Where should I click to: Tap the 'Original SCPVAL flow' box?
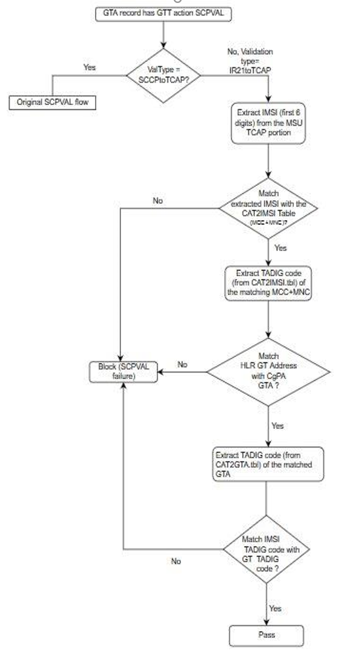coord(52,102)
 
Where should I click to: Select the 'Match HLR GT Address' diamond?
coord(269,371)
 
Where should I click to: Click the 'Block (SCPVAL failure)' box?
coord(123,371)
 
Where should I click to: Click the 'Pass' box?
coord(267,635)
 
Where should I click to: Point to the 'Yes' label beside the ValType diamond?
coord(89,67)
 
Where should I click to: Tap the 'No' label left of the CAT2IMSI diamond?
coord(158,201)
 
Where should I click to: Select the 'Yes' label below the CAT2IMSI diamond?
coord(280,248)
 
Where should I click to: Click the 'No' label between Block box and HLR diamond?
coord(182,365)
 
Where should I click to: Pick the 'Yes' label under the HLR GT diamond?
coord(278,425)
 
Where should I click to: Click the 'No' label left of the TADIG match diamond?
coord(175,561)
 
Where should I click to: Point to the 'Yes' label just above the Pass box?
coord(275,608)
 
